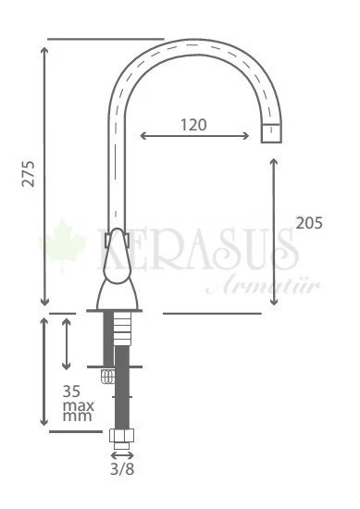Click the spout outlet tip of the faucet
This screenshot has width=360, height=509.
point(270,135)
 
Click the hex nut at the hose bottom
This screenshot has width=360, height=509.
point(121,437)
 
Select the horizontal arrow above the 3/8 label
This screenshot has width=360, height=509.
point(121,453)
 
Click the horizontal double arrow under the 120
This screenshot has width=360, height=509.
point(194,137)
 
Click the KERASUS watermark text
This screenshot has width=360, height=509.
point(194,250)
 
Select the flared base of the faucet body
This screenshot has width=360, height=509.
point(118,299)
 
